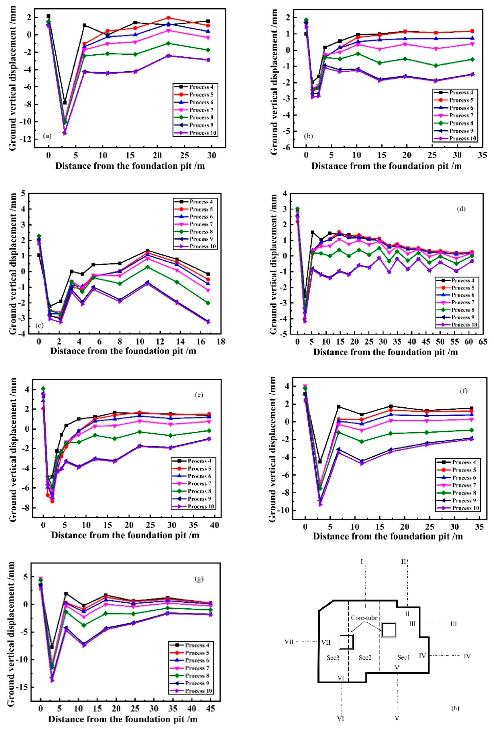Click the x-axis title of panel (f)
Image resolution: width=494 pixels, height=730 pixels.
tap(388, 536)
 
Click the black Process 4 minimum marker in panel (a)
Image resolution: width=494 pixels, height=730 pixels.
tap(65, 102)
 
